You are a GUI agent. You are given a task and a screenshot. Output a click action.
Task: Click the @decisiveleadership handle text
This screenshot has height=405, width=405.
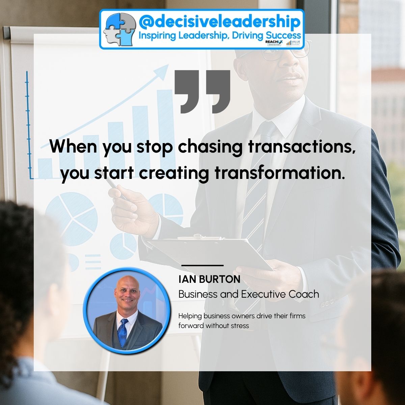point(219,22)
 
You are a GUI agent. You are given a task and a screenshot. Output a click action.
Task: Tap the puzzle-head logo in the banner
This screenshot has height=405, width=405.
point(118,29)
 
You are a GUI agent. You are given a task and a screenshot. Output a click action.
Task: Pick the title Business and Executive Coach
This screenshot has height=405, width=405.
point(248,294)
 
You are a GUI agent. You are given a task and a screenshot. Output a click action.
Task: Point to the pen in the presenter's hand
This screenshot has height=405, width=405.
point(113,184)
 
